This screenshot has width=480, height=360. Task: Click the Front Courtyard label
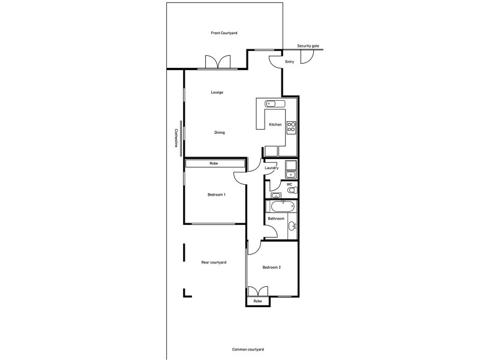pyautogui.click(x=224, y=32)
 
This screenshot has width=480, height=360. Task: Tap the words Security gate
pyautogui.click(x=308, y=46)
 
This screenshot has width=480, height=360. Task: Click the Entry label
pyautogui.click(x=289, y=62)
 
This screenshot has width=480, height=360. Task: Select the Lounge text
pyautogui.click(x=217, y=92)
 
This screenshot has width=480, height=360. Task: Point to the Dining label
pyautogui.click(x=220, y=133)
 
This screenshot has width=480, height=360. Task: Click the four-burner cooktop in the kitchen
pyautogui.click(x=292, y=127)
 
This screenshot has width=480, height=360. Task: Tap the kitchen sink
pyautogui.click(x=272, y=103)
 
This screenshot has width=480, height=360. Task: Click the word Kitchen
pyautogui.click(x=275, y=124)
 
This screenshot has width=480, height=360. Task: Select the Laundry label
pyautogui.click(x=271, y=168)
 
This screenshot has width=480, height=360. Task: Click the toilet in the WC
pyautogui.click(x=292, y=190)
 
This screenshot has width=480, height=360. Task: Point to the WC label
pyautogui.click(x=289, y=184)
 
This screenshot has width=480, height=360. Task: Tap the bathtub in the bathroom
pyautogui.click(x=283, y=207)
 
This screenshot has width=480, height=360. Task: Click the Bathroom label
pyautogui.click(x=276, y=218)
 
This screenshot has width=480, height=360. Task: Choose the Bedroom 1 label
pyautogui.click(x=217, y=194)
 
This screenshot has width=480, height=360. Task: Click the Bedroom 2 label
pyautogui.click(x=272, y=267)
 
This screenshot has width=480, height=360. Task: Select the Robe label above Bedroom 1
pyautogui.click(x=213, y=163)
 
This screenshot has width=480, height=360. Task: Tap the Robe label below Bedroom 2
pyautogui.click(x=257, y=301)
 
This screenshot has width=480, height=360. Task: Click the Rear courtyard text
pyautogui.click(x=213, y=262)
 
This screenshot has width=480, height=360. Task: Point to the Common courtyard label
pyautogui.click(x=248, y=349)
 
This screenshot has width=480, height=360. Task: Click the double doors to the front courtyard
pyautogui.click(x=217, y=62)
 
